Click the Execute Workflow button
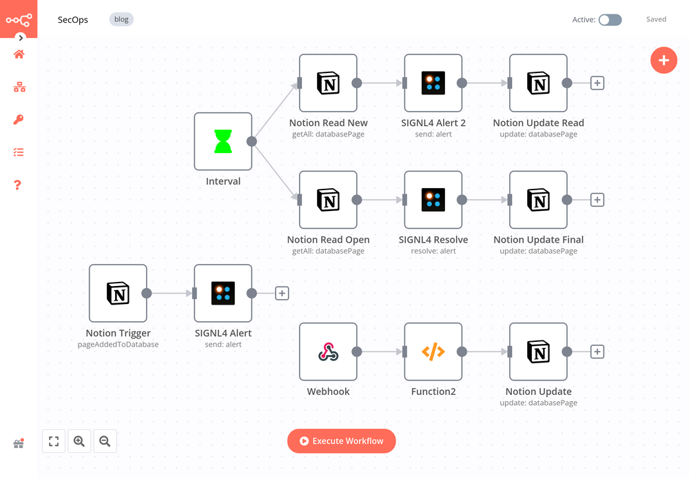click(x=342, y=441)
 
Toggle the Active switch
click(x=610, y=20)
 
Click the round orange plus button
click(x=664, y=61)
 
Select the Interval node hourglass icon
click(x=223, y=141)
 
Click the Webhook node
click(x=328, y=352)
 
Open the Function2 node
click(x=433, y=352)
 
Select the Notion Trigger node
click(x=118, y=294)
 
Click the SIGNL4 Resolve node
click(x=433, y=200)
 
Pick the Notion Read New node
click(x=328, y=83)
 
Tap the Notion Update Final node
click(x=538, y=200)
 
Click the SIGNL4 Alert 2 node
click(x=433, y=83)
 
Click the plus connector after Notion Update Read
click(x=597, y=83)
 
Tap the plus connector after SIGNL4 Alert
click(x=282, y=294)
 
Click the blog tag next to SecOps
click(x=121, y=19)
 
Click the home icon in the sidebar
click(x=19, y=54)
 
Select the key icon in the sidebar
click(x=19, y=120)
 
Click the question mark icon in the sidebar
click(x=19, y=185)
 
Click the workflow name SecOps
click(x=73, y=19)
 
